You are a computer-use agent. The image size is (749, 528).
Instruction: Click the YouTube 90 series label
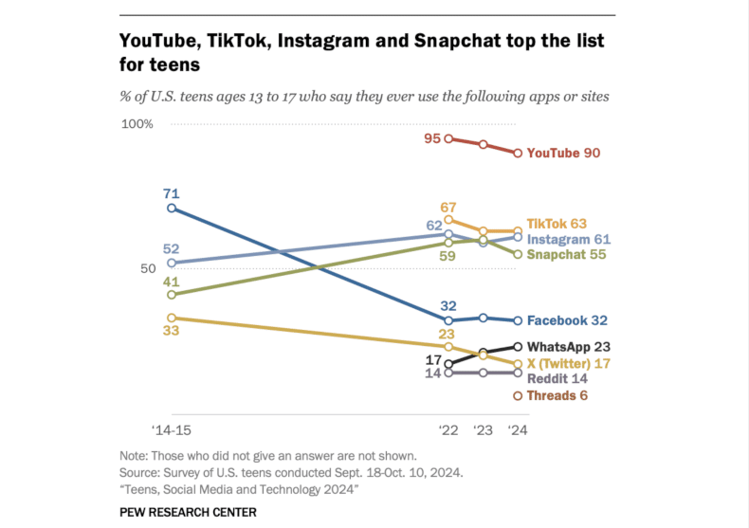coord(564,153)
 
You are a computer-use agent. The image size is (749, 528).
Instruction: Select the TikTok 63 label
coord(557,224)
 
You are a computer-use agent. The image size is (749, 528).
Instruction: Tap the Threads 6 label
coord(557,395)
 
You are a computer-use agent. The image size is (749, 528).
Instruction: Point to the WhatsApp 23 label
coord(567,347)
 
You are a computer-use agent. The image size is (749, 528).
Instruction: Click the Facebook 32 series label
coord(567,321)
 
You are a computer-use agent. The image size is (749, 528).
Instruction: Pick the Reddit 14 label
coord(557,378)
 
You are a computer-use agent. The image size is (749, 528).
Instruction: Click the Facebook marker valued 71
coord(171,208)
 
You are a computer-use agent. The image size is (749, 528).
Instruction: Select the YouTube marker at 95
coord(448,138)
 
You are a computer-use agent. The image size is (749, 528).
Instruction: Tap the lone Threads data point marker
coord(518,395)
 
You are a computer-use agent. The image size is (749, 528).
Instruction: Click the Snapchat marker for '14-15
coord(171,295)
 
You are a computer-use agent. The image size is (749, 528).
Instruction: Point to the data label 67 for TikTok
coord(448,207)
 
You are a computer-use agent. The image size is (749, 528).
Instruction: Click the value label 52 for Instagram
coord(171,249)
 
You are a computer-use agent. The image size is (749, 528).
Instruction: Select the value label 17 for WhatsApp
coord(432,360)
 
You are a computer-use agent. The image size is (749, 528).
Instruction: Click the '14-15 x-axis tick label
coord(171,429)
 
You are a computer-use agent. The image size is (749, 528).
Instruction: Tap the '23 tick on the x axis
coord(483,429)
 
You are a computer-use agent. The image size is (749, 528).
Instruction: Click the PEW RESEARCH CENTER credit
coord(188,511)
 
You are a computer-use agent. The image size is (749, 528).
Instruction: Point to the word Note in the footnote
coord(134,455)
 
